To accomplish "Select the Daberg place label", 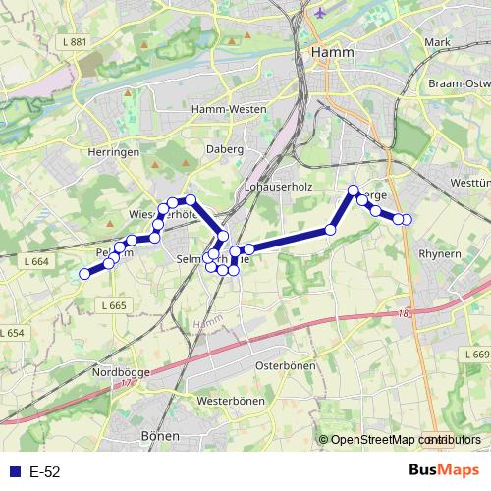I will [226, 149].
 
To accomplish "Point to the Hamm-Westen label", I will [223, 109].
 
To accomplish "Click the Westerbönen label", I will [232, 402].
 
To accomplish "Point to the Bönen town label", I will [160, 435].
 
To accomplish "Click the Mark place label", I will [437, 42].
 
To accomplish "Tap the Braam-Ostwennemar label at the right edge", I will [459, 84].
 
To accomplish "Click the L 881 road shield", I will [73, 42].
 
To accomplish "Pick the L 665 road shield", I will [113, 305].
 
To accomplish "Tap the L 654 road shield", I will [12, 333].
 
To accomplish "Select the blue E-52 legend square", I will [15, 471].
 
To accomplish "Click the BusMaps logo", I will [441, 470].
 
